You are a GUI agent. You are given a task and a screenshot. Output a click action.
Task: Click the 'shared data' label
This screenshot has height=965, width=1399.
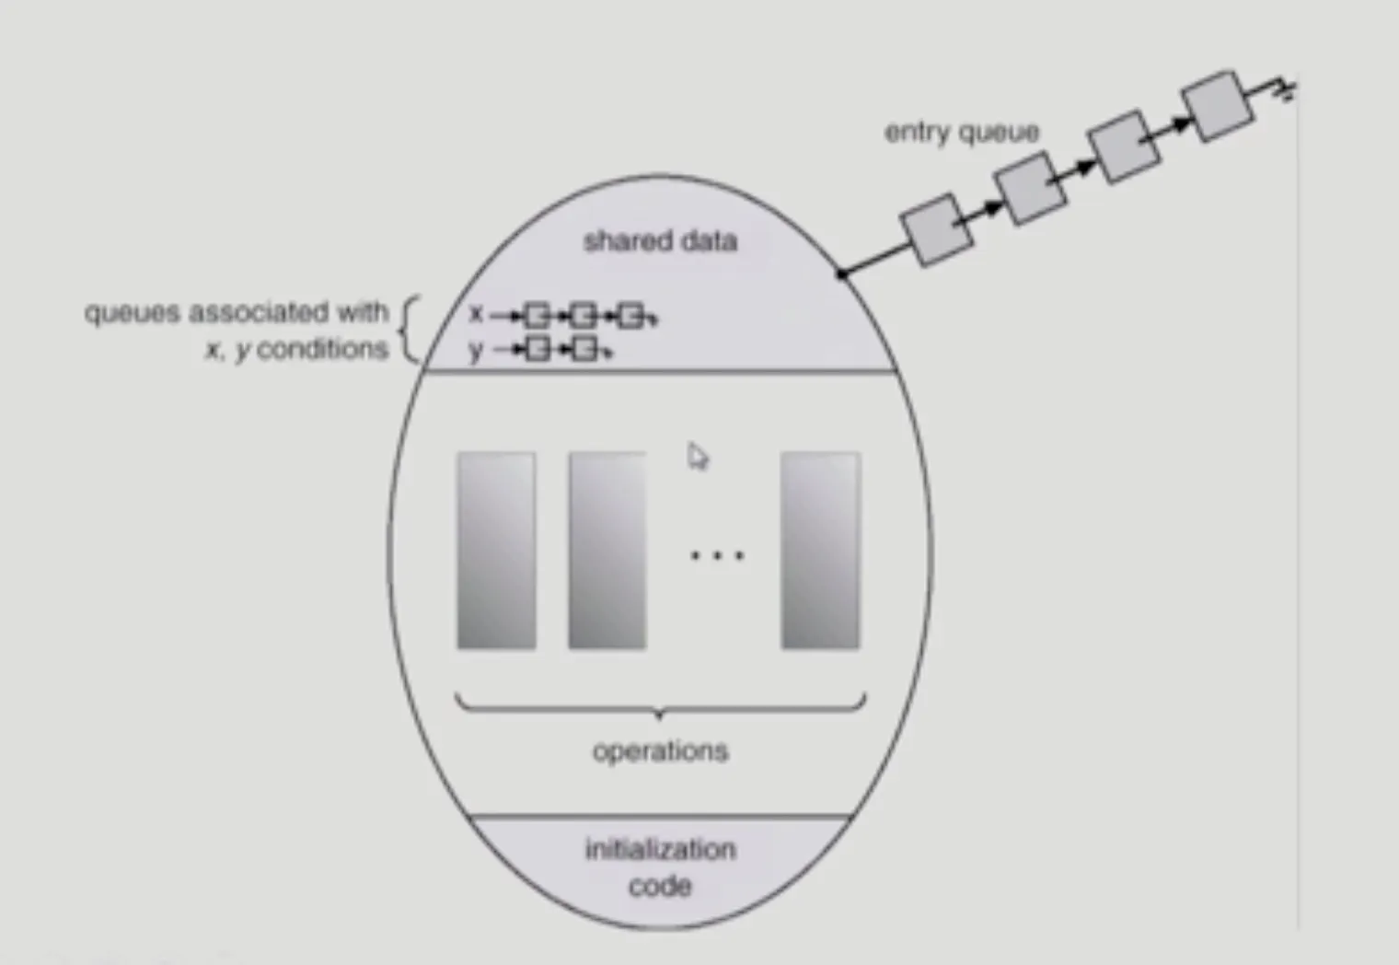[x=660, y=241]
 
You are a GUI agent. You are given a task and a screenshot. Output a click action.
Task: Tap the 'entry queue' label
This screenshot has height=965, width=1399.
[x=962, y=133]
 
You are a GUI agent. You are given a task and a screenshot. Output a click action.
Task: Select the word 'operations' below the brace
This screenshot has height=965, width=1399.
[x=660, y=751]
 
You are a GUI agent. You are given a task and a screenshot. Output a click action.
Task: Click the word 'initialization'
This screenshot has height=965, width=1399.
[x=660, y=848]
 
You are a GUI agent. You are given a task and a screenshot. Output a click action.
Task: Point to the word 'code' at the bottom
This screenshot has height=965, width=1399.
[x=660, y=886]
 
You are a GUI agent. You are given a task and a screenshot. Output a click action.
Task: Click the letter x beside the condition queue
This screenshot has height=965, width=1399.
[x=476, y=314]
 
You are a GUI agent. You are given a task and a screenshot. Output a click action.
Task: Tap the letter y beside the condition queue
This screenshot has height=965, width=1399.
[x=476, y=350]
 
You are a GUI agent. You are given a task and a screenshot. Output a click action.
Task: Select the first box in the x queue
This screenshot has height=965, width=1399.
[x=537, y=317]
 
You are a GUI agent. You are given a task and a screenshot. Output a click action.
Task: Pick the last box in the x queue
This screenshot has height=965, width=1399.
[x=630, y=317]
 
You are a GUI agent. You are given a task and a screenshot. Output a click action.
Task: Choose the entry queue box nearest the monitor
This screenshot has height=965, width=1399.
[x=936, y=229]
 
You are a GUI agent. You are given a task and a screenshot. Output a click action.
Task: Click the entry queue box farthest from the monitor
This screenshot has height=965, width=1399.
[x=1219, y=105]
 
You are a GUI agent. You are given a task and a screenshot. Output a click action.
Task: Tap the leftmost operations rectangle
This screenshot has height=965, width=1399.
[x=496, y=550]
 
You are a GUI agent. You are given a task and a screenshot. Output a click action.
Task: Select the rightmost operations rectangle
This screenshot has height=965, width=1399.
[x=820, y=550]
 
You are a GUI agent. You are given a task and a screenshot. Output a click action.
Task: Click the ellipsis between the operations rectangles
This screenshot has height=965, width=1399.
[x=717, y=555]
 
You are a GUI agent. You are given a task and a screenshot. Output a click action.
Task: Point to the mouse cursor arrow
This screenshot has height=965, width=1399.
[x=698, y=456]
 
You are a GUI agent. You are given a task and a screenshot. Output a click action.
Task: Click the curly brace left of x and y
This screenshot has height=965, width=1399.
[x=410, y=330]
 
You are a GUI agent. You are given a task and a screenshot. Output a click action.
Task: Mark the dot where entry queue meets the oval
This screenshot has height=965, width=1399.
[x=840, y=273]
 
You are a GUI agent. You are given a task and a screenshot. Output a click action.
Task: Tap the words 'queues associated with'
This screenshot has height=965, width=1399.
[x=237, y=312]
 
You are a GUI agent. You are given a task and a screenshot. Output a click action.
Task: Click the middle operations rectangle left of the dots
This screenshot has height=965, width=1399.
[x=607, y=550]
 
